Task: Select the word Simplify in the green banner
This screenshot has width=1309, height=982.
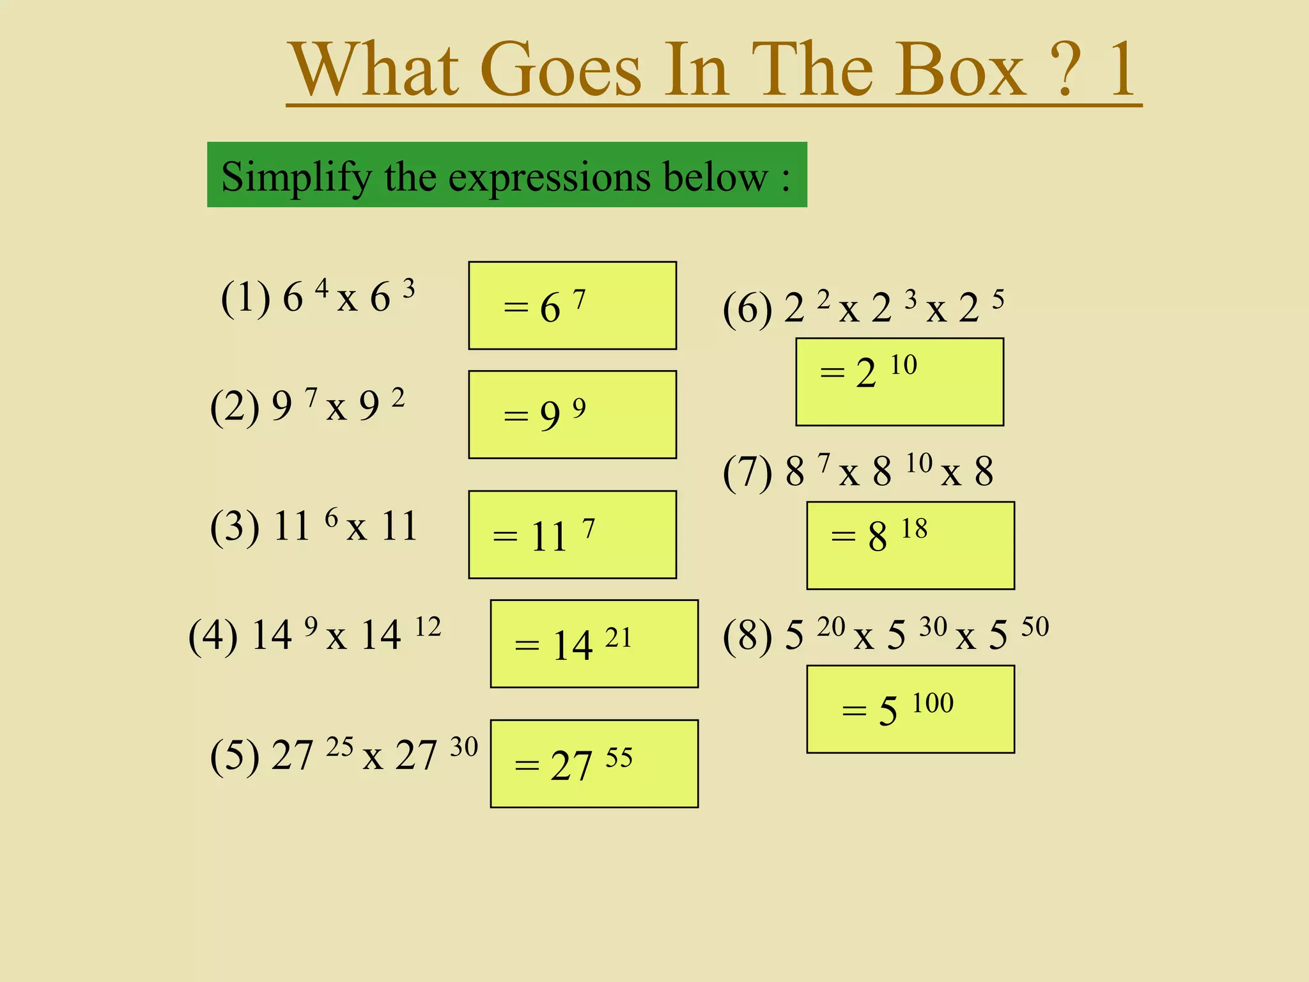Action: pyautogui.click(x=296, y=176)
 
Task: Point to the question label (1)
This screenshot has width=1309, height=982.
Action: pyautogui.click(x=245, y=298)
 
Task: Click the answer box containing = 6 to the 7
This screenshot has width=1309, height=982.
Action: pyautogui.click(x=572, y=306)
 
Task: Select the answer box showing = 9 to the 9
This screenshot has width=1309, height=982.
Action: pyautogui.click(x=572, y=414)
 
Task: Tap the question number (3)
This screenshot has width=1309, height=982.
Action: pyautogui.click(x=235, y=527)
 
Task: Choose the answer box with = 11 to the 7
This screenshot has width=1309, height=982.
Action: pyautogui.click(x=572, y=534)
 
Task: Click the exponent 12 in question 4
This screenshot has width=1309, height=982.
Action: pyautogui.click(x=428, y=627)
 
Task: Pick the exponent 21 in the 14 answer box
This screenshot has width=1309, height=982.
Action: pyautogui.click(x=618, y=638)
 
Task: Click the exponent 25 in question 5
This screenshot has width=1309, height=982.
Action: pyautogui.click(x=339, y=747)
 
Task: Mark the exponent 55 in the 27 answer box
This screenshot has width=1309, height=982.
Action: pyautogui.click(x=619, y=758)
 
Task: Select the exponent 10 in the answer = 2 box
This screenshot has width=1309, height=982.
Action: pyautogui.click(x=904, y=365)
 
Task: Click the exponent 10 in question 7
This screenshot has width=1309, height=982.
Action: pyautogui.click(x=919, y=463)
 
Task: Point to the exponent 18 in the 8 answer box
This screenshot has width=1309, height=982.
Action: pyautogui.click(x=914, y=529)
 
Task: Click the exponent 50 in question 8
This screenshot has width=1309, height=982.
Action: pyautogui.click(x=1035, y=627)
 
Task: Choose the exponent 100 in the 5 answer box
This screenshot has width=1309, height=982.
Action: pyautogui.click(x=933, y=703)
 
